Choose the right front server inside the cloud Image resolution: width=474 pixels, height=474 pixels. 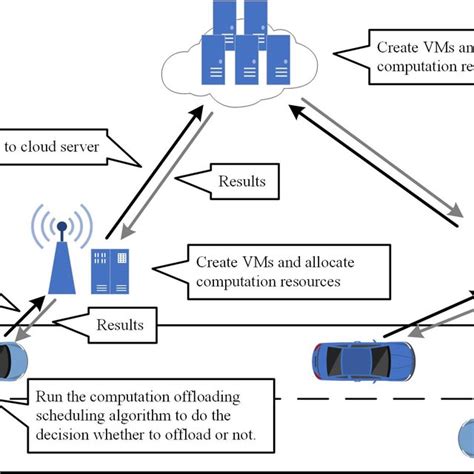[x=279, y=55]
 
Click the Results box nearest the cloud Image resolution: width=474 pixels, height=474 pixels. [x=241, y=181]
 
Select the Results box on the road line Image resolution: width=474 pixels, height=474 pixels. [x=119, y=324]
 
